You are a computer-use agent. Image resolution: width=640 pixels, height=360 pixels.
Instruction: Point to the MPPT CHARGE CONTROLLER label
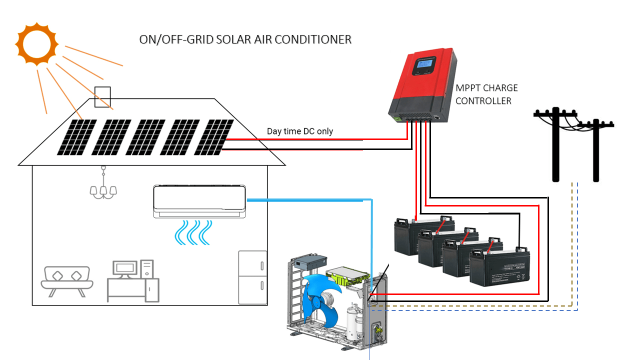point(486,94)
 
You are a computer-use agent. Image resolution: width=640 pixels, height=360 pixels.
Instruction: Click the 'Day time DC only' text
point(299,131)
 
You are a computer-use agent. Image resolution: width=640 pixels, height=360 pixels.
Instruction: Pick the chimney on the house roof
point(102,96)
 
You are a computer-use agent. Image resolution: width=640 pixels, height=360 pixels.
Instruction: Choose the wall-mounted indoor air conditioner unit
point(199,201)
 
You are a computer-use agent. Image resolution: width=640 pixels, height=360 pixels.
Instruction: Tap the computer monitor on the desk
point(124,268)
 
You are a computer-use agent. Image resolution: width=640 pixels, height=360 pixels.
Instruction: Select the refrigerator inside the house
point(252,277)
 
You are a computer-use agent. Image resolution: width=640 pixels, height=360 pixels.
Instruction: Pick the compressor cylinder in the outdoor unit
point(355,323)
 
